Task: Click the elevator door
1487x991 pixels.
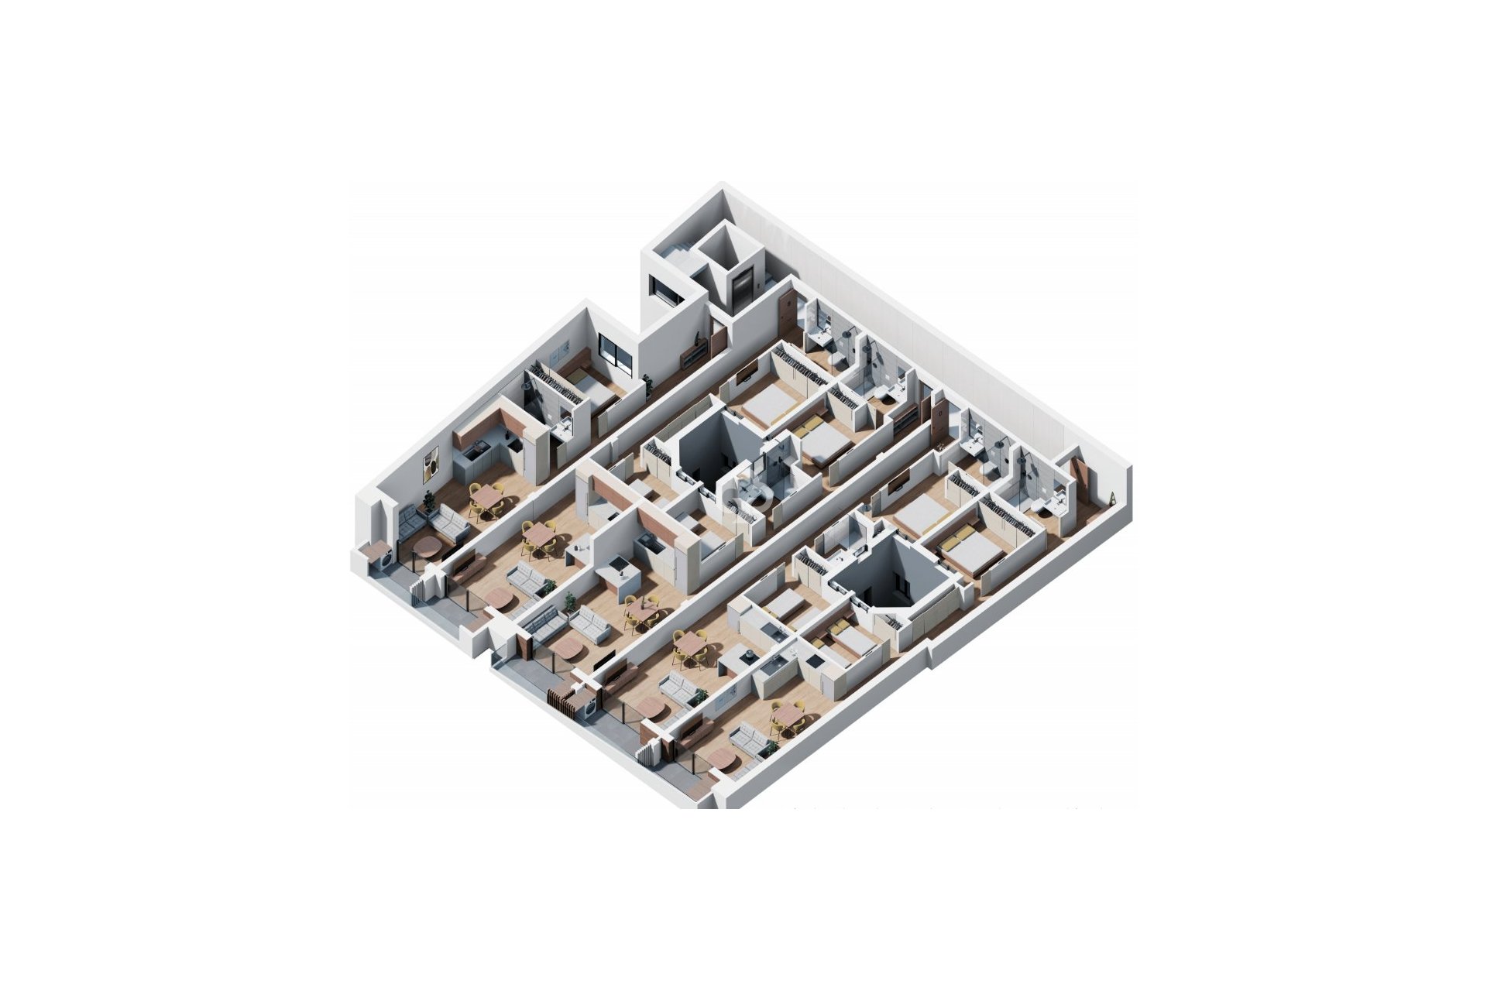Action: pos(742,287)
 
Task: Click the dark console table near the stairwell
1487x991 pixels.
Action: pos(692,354)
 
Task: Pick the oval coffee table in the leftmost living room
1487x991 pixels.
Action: pos(427,548)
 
